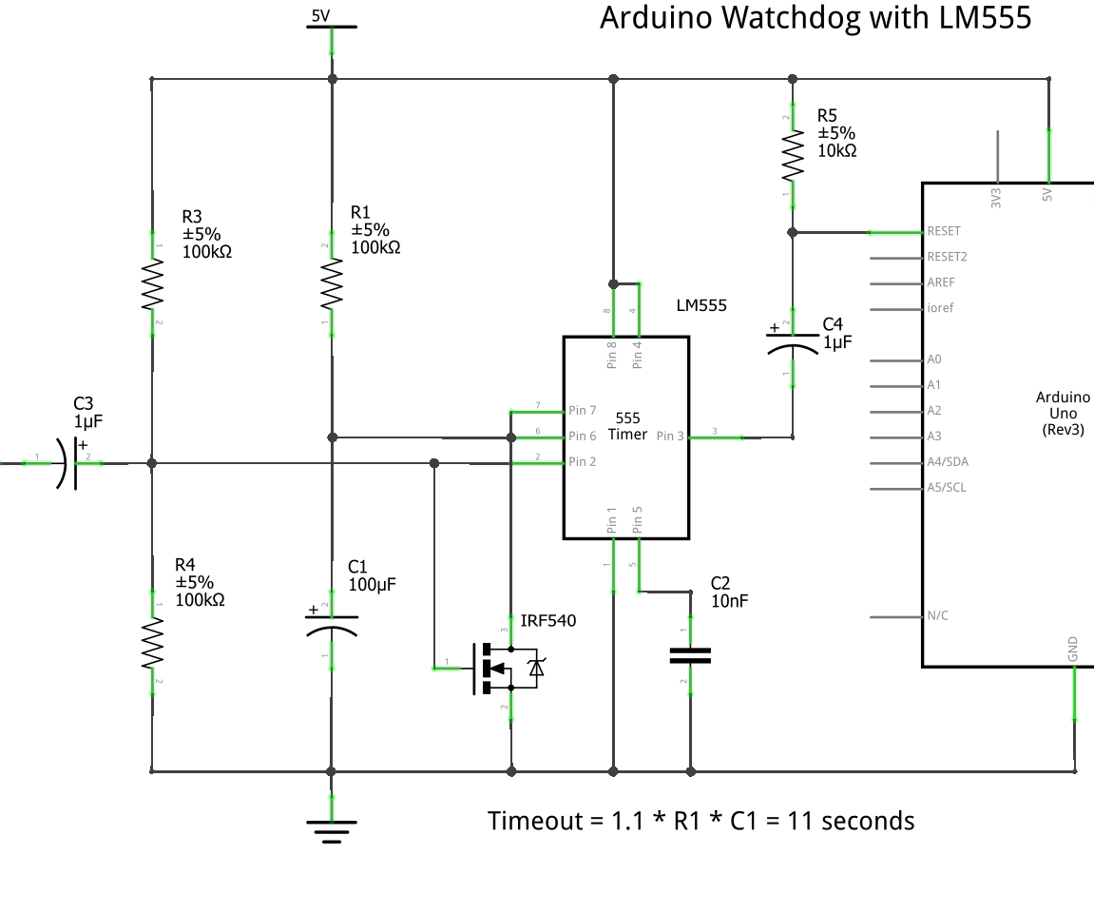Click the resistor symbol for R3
152,286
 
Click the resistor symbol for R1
331,284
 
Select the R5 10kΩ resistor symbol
792,156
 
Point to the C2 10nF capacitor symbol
690,654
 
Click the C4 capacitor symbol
792,343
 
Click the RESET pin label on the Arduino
943,231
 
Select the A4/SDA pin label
948,462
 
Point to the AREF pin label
940,282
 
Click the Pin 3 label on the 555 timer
669,437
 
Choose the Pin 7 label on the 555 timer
583,411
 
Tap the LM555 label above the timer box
701,305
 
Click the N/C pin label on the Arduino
937,615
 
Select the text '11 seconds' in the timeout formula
852,821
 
